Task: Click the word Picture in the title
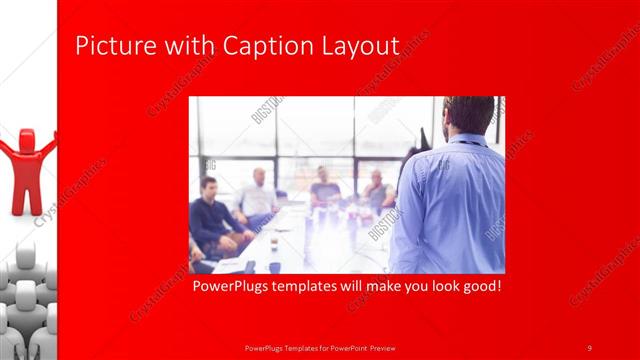[x=107, y=46]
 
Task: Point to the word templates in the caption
[x=317, y=287]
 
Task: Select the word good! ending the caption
[x=478, y=287]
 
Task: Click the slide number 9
[x=590, y=347]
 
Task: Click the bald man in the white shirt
[x=258, y=195]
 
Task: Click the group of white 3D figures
[x=28, y=300]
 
